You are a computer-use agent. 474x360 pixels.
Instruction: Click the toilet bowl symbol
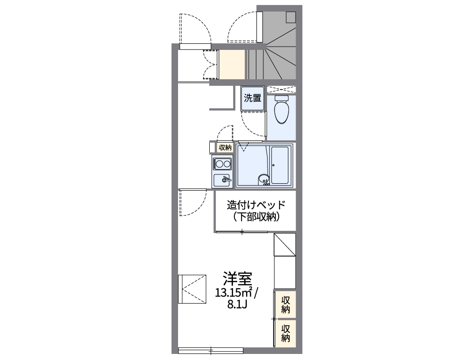click(282, 111)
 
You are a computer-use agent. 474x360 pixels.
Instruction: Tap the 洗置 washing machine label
click(253, 98)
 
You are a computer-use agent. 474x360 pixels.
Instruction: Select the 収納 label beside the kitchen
click(225, 147)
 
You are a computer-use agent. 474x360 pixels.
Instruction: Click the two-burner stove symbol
click(223, 164)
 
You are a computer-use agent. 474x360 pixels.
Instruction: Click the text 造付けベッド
click(255, 205)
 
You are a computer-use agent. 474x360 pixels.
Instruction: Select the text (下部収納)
click(255, 216)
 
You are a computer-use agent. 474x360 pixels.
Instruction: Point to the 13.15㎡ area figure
click(234, 293)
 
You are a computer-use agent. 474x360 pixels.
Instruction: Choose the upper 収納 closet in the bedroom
click(286, 304)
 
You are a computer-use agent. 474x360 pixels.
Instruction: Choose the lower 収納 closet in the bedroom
click(286, 332)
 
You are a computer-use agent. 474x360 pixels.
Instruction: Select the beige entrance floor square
click(232, 64)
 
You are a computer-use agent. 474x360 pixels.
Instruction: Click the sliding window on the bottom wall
click(211, 350)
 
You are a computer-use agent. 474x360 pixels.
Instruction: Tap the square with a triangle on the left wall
click(192, 289)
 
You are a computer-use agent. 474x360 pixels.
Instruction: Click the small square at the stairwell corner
click(291, 17)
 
